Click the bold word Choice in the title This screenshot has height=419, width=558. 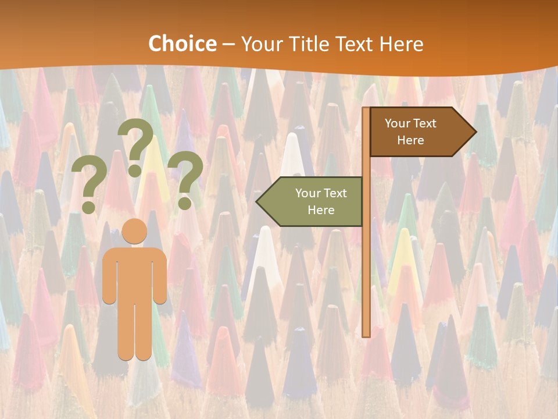tap(182, 44)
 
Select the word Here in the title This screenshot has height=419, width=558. tap(401, 44)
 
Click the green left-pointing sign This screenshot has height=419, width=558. tap(314, 201)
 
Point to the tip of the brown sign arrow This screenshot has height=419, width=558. tap(476, 132)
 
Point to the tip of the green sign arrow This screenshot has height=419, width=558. tap(256, 201)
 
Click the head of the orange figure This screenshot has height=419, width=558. tap(134, 231)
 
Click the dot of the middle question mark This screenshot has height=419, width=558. tap(135, 171)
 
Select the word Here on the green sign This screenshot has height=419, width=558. tap(321, 210)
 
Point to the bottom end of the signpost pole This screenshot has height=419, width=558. tap(366, 335)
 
